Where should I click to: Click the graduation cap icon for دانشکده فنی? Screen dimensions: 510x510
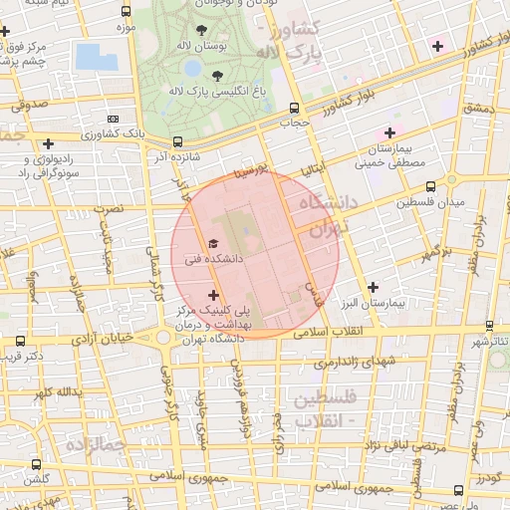pyautogui.click(x=212, y=242)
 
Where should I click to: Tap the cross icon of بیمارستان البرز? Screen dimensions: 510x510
pyautogui.click(x=374, y=287)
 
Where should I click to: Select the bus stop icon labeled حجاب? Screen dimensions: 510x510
pyautogui.click(x=293, y=109)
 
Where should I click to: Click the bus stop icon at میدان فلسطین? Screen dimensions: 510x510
pyautogui.click(x=431, y=186)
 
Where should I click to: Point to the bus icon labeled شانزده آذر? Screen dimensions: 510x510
pyautogui.click(x=177, y=141)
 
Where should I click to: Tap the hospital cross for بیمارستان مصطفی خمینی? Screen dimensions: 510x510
pyautogui.click(x=389, y=132)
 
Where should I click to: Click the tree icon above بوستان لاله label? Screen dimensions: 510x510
pyautogui.click(x=203, y=30)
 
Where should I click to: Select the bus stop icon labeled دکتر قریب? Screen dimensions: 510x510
pyautogui.click(x=21, y=342)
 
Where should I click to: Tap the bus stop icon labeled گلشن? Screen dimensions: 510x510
pyautogui.click(x=37, y=464)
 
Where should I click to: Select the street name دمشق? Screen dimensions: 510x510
pyautogui.click(x=477, y=107)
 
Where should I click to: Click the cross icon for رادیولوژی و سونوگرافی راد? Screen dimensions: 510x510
pyautogui.click(x=49, y=143)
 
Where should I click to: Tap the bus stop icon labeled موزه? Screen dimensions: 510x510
pyautogui.click(x=125, y=12)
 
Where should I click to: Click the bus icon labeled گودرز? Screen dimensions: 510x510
pyautogui.click(x=459, y=489)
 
